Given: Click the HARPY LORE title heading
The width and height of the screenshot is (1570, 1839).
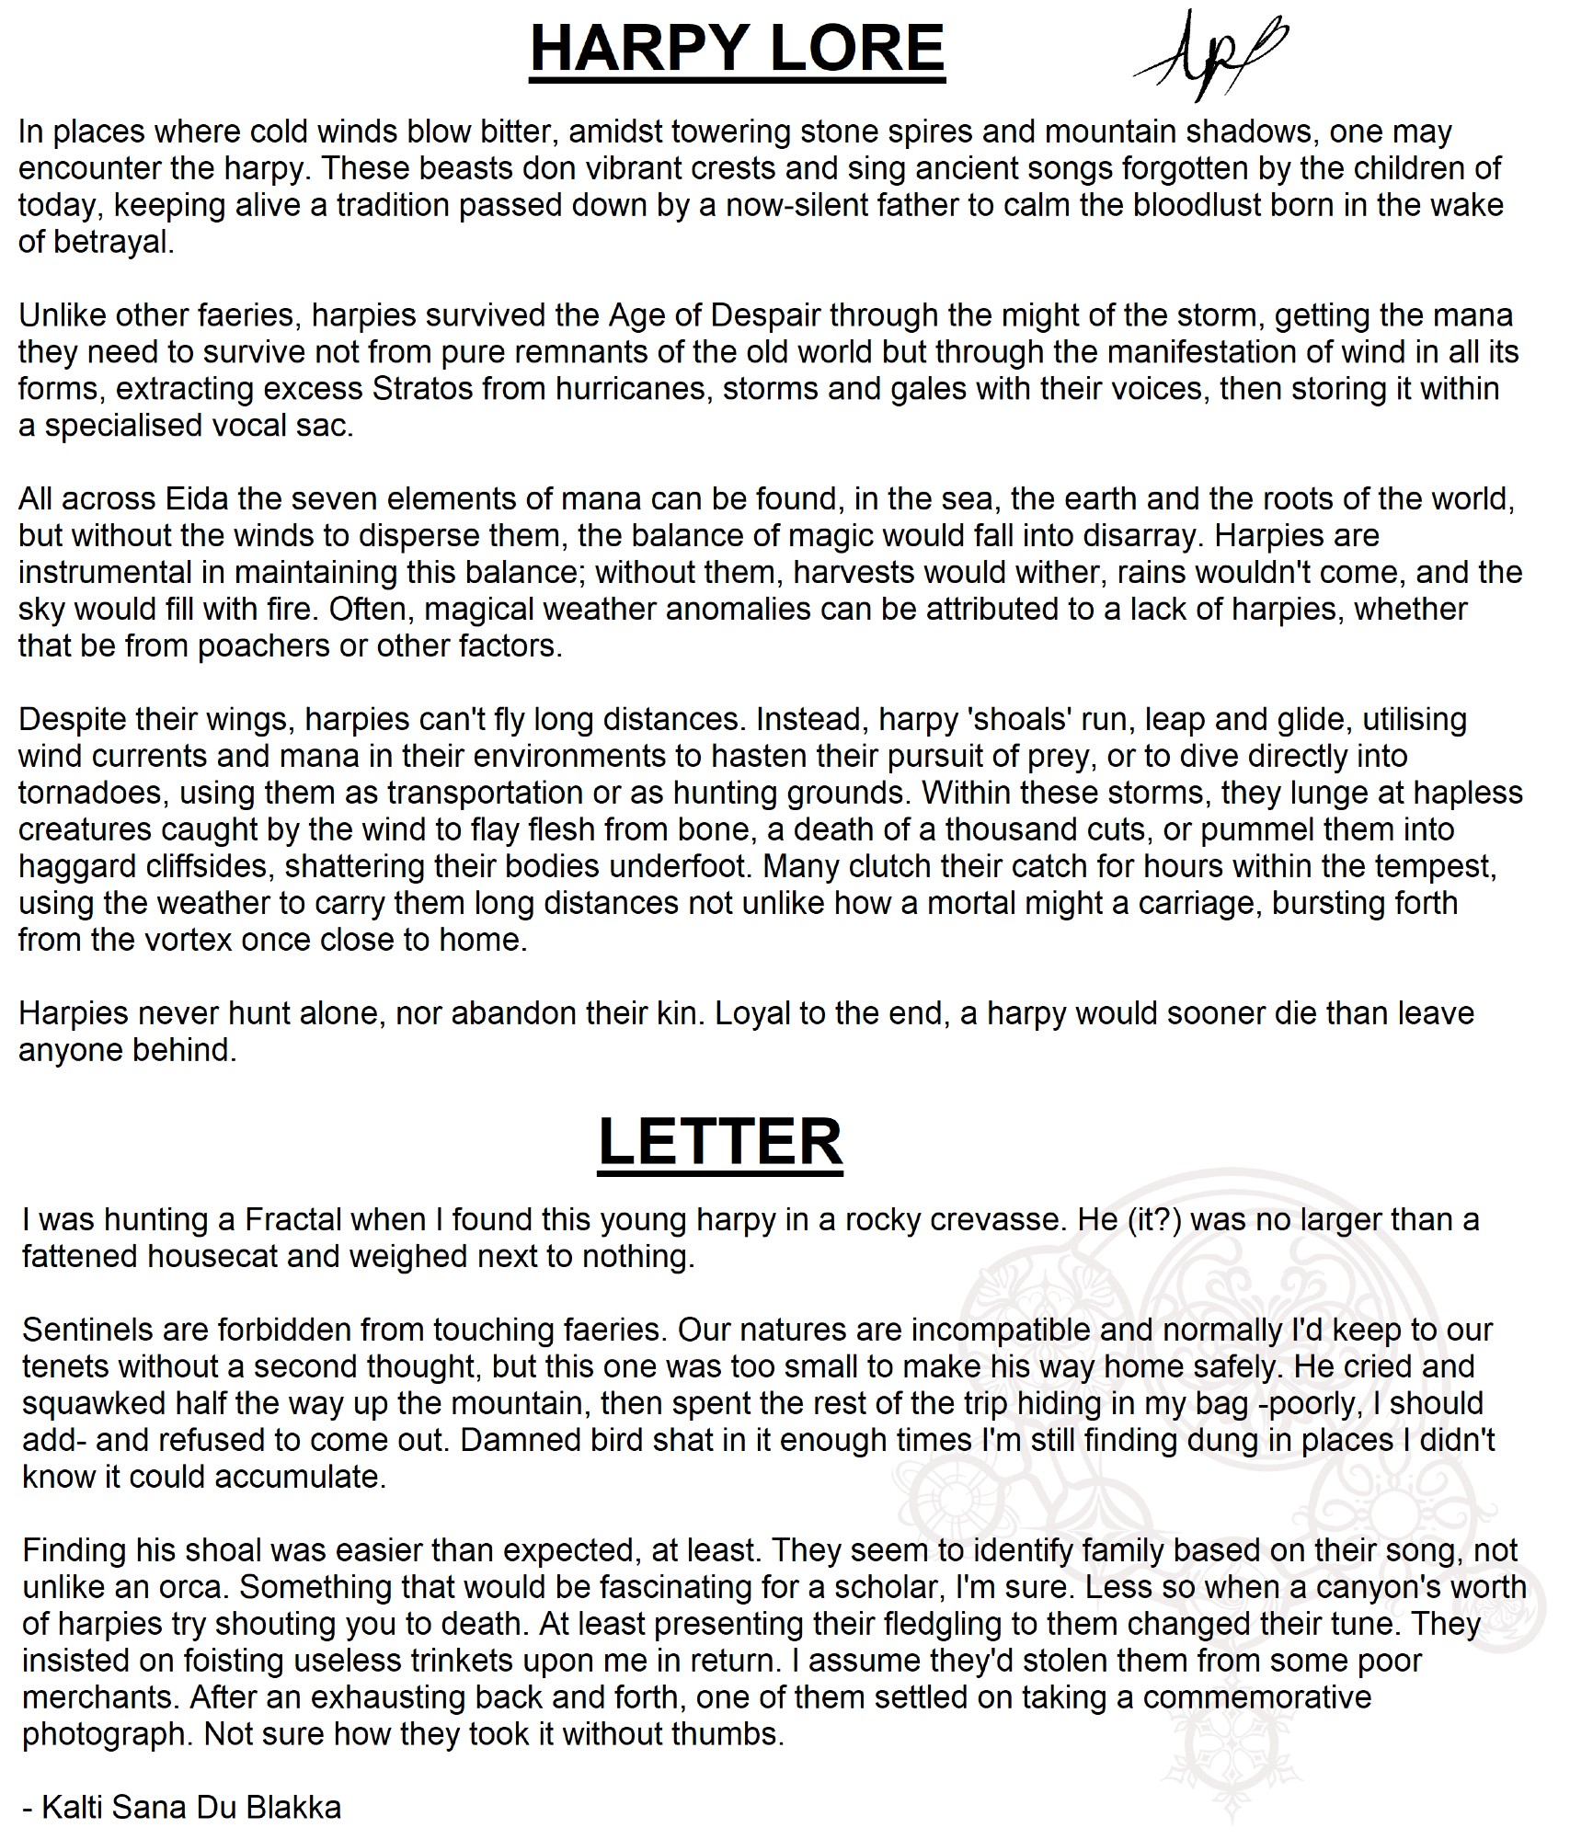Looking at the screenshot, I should tap(737, 50).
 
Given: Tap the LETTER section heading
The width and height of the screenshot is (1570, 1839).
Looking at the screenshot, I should tap(720, 1142).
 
